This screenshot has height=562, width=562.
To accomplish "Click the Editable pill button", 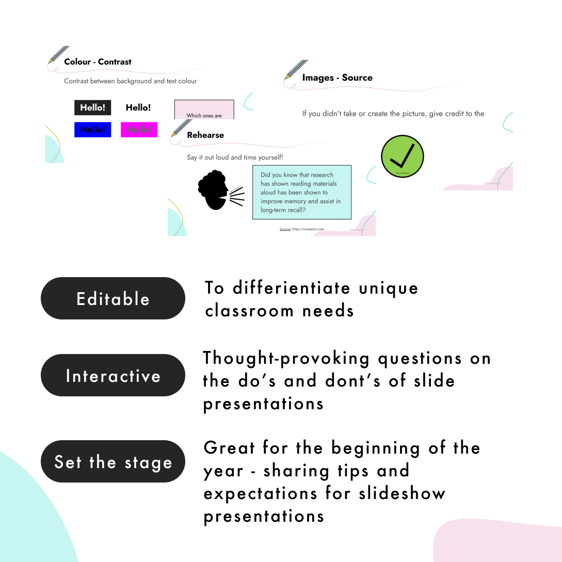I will point(113,298).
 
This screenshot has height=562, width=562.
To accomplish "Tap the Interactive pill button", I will point(113,375).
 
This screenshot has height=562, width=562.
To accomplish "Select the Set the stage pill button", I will point(113,461).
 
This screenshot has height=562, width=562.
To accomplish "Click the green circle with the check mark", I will point(402,156).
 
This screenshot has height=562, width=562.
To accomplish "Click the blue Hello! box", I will point(93,130).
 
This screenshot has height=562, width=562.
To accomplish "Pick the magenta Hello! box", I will point(139,130).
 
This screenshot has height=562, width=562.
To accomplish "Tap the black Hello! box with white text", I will point(93,108).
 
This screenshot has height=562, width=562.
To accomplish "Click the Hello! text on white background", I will point(138,108).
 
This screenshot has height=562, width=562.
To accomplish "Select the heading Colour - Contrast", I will point(98,62).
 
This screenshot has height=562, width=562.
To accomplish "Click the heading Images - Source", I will point(337,78).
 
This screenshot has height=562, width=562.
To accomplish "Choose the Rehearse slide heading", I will point(205,135).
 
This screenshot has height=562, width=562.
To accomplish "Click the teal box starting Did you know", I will point(301,192).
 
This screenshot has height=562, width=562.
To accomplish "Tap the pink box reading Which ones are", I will point(204,110).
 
